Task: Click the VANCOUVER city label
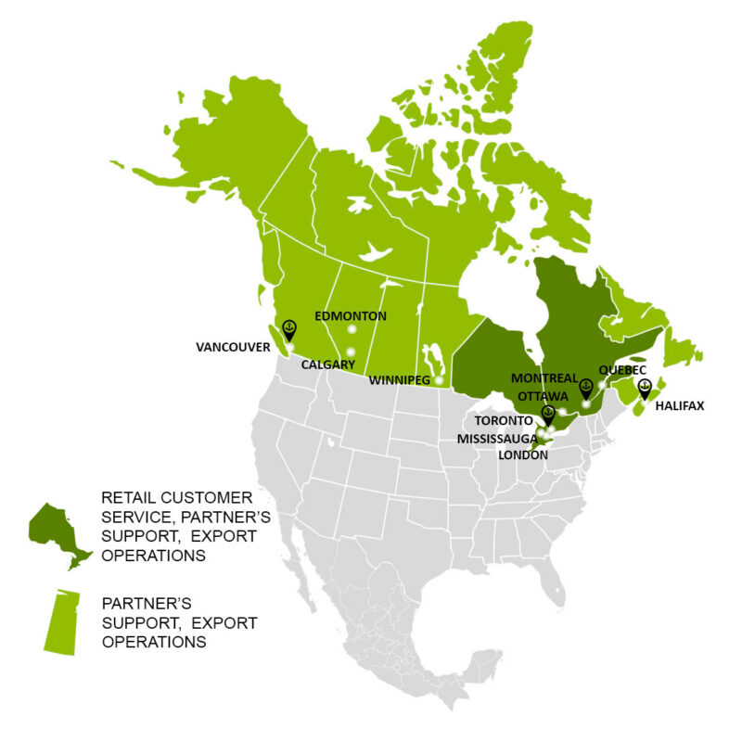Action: [232, 347]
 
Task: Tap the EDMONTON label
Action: [351, 316]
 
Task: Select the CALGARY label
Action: [328, 365]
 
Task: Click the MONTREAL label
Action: [544, 378]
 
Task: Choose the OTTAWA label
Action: [543, 395]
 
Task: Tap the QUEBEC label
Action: [622, 369]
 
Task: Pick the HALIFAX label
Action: [679, 405]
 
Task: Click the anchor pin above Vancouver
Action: [288, 329]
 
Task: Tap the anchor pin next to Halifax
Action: [645, 386]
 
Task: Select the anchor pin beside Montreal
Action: [585, 387]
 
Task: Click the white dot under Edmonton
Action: [352, 329]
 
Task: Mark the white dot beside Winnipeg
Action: [439, 380]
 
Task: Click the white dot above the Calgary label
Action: [351, 352]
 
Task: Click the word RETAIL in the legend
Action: [126, 497]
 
